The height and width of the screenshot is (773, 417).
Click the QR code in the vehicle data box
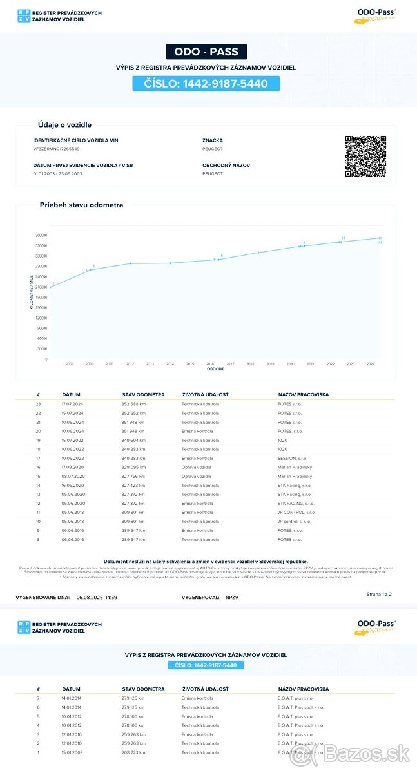click(x=365, y=156)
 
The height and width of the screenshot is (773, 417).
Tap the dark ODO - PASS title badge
click(x=206, y=52)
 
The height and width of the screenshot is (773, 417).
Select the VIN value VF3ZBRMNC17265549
click(x=57, y=149)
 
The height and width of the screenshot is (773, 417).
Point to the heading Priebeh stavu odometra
click(x=81, y=205)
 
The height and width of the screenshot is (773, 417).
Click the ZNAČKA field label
click(x=212, y=140)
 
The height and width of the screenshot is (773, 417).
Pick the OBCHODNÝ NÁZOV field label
click(x=226, y=165)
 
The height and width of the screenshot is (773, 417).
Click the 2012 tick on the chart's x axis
click(x=130, y=364)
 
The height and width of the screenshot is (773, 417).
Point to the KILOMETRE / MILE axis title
click(x=32, y=291)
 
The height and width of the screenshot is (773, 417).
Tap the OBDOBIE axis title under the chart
click(x=215, y=370)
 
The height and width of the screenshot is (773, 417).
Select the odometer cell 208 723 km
click(x=133, y=752)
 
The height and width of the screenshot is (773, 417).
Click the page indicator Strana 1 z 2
click(x=379, y=593)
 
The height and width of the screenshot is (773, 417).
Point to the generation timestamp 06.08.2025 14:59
click(x=97, y=598)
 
